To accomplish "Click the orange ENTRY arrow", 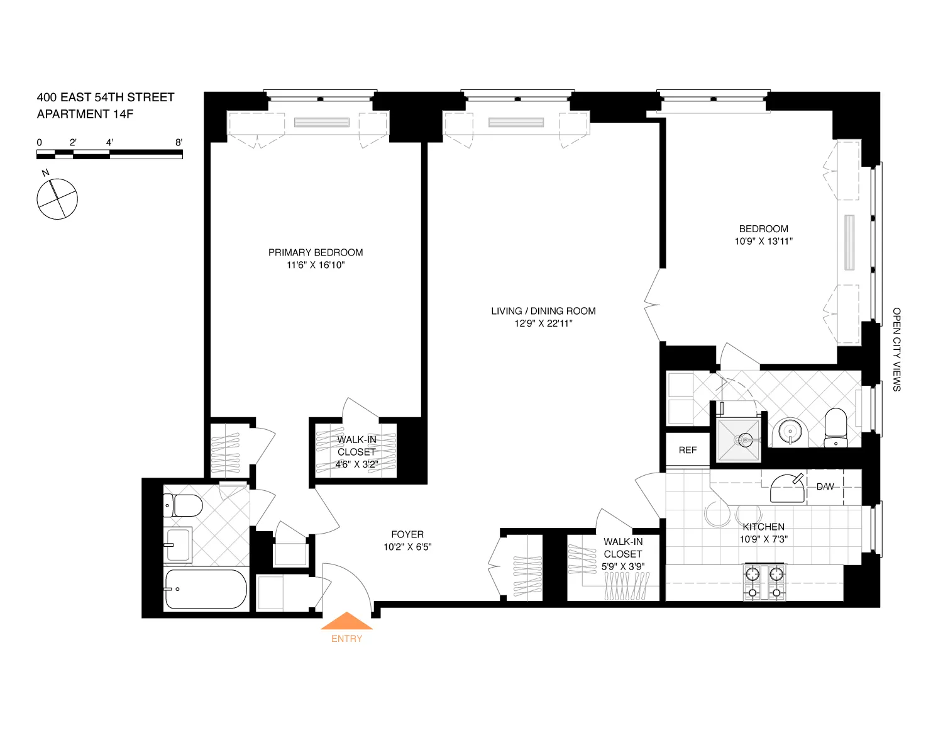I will [346, 622].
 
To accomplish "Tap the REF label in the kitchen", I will [688, 450].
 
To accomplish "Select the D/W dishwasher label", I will [825, 486].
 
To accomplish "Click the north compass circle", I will [57, 199].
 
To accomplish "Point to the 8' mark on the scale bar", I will [179, 143].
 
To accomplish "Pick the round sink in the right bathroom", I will [790, 432].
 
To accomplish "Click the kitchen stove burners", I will [764, 583].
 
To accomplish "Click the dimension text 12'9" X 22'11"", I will [543, 323].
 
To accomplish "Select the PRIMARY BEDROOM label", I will [316, 252].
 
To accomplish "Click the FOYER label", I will [407, 534].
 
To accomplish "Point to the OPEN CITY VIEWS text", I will [896, 349].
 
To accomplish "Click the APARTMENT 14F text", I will [85, 114].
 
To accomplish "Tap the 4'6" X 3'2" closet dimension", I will [356, 464].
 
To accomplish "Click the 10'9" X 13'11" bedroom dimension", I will [763, 241].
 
